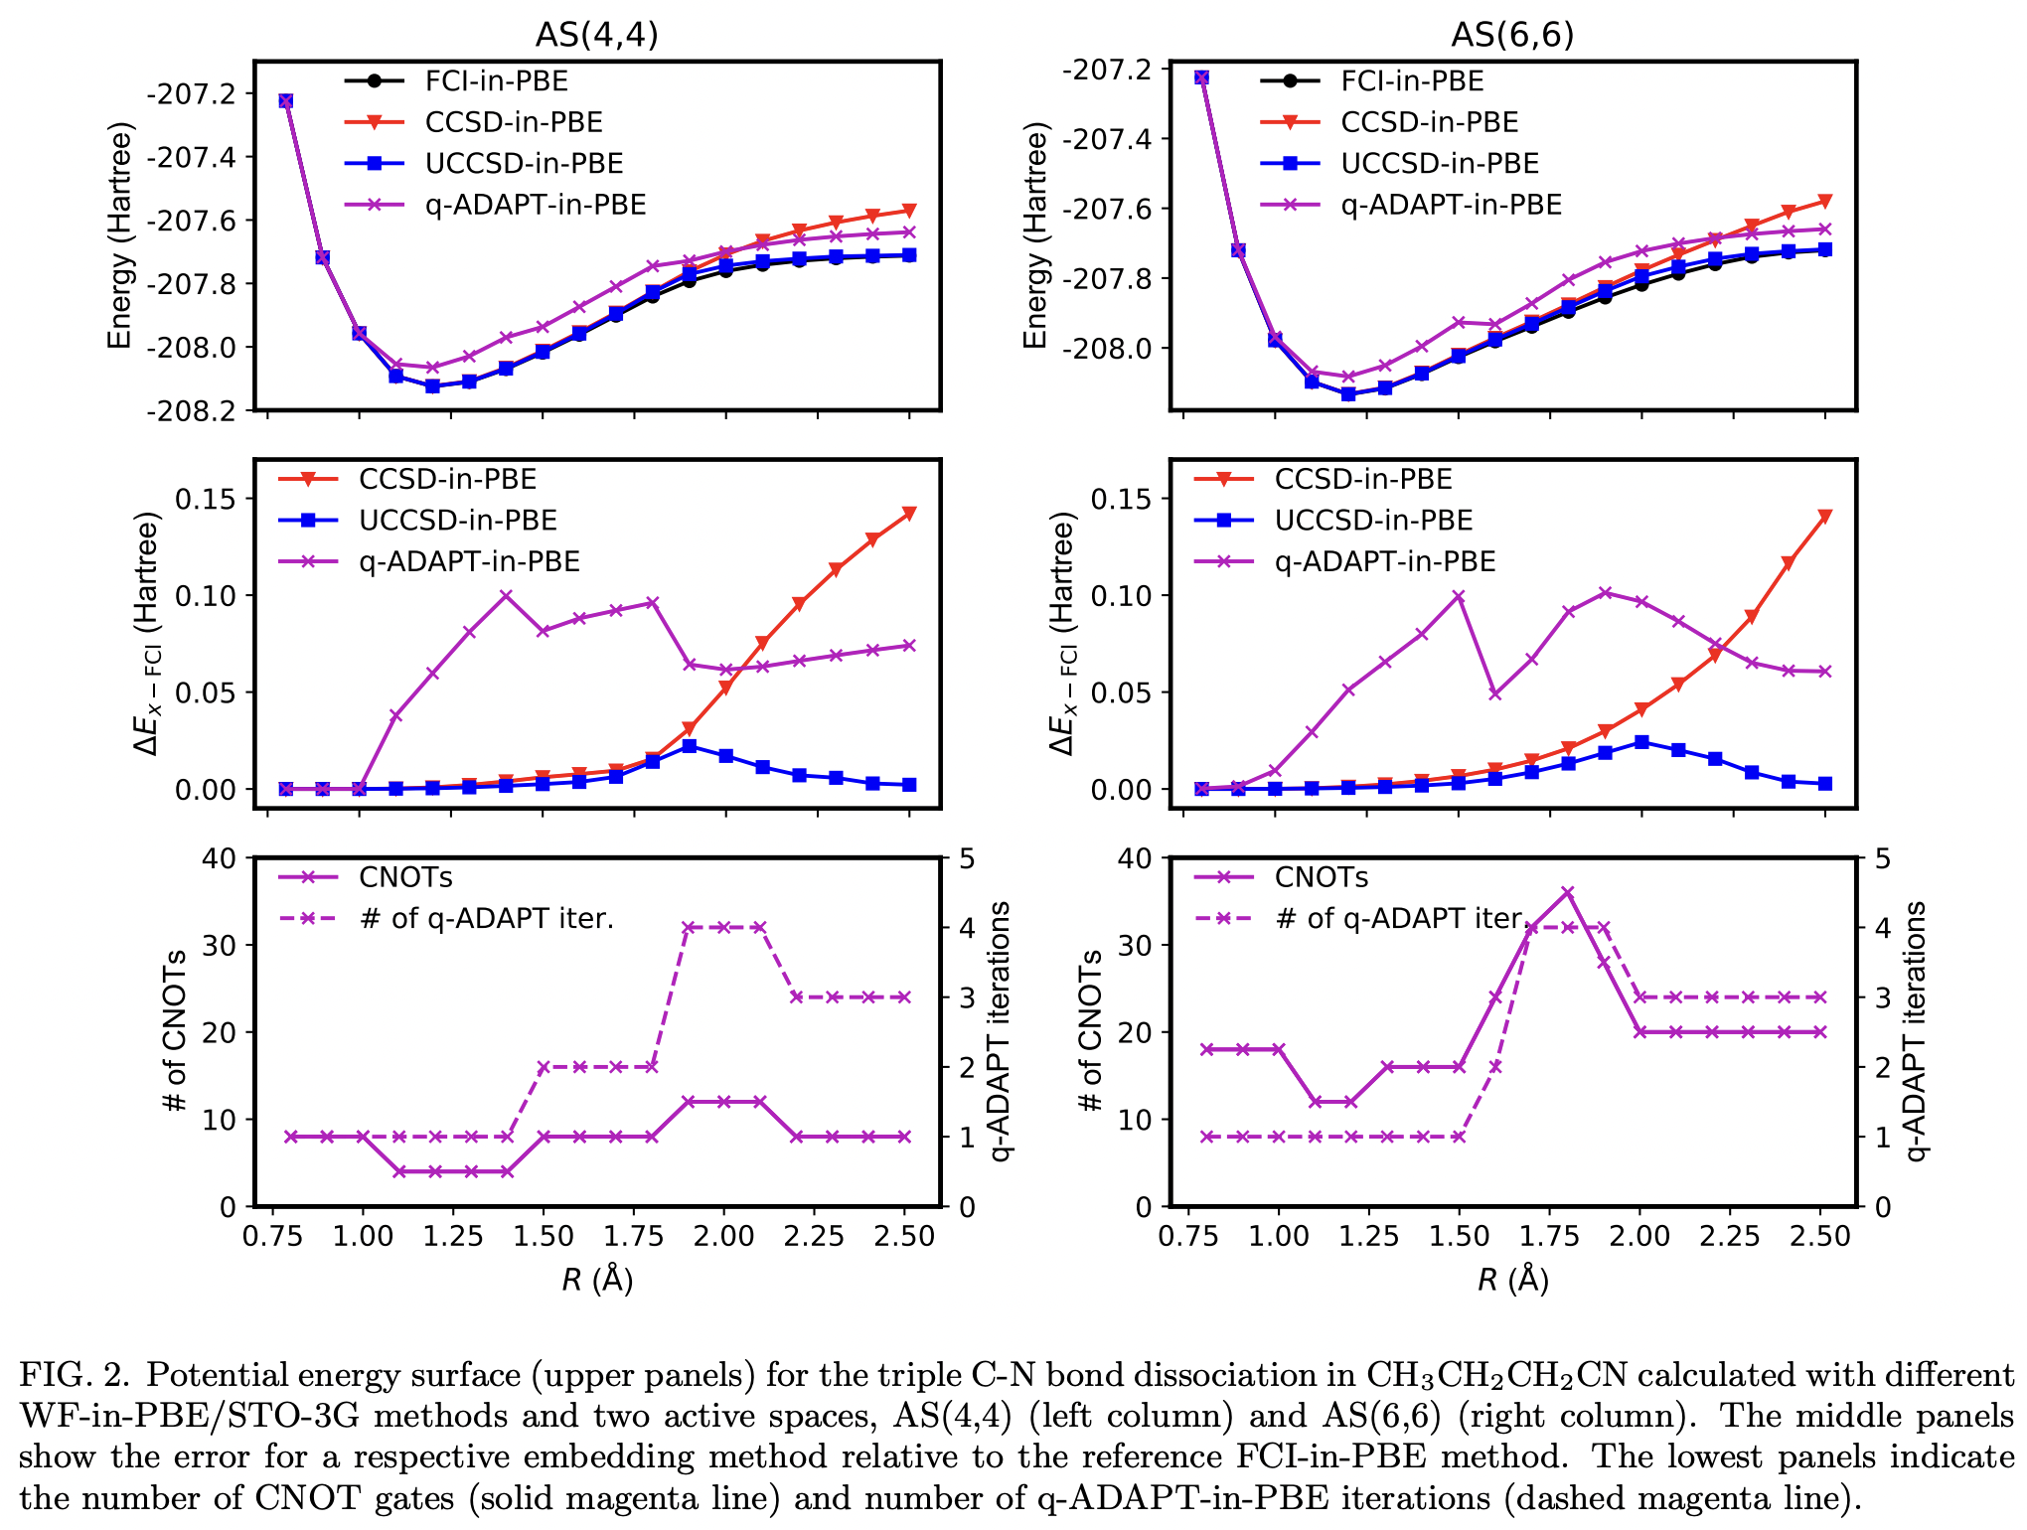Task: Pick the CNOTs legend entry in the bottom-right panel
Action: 1321,877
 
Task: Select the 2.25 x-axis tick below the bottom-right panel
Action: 1730,1237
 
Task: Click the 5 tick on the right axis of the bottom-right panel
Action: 1882,858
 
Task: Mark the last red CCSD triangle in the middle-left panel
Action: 909,514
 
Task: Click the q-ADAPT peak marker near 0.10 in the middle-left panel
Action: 506,596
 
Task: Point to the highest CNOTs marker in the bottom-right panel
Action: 1568,893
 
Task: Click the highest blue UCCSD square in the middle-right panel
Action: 1641,742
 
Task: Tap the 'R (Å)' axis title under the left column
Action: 597,1280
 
